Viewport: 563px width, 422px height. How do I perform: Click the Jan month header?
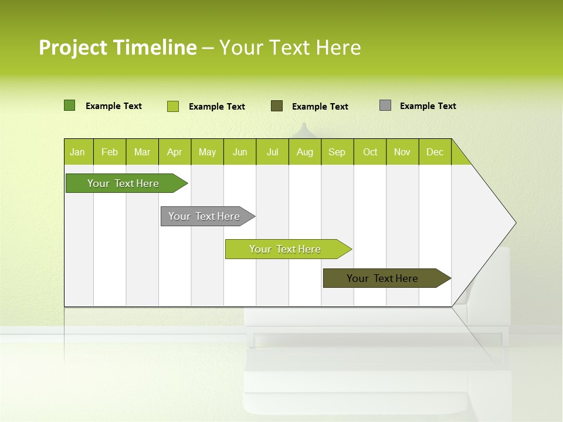[78, 152]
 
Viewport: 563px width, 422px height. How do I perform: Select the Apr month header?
[175, 152]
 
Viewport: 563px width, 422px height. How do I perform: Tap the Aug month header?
[305, 152]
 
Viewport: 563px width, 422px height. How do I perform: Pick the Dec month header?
[435, 152]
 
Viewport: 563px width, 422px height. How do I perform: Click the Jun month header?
[240, 152]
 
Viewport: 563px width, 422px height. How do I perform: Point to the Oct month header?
[370, 152]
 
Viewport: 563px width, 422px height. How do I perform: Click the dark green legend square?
[69, 105]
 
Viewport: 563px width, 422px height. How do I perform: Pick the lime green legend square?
[173, 106]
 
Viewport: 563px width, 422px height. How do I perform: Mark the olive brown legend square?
[277, 106]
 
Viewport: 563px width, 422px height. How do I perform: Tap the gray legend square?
[385, 105]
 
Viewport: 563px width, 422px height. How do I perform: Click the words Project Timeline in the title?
[117, 47]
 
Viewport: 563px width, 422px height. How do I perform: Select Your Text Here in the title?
[290, 47]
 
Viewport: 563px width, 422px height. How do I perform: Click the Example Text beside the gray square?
[428, 106]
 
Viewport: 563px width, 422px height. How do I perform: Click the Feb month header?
[110, 152]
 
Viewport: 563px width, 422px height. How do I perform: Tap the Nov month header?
[402, 152]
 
